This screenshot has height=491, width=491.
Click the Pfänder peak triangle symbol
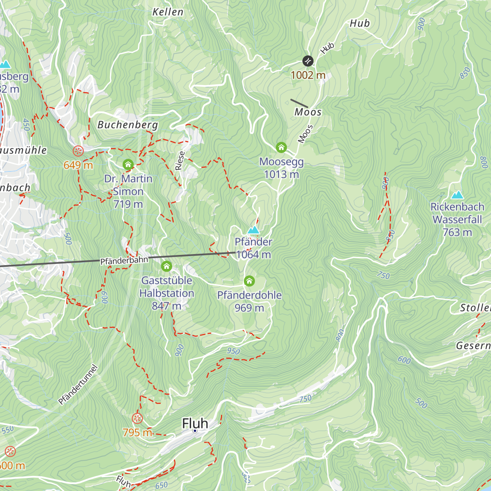point(254,230)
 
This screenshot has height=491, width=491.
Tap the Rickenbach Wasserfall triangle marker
point(457,195)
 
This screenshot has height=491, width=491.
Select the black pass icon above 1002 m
point(308,61)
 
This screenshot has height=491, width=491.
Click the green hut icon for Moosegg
point(281,147)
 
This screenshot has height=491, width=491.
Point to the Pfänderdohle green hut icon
point(249,281)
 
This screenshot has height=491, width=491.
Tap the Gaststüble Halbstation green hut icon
point(166,266)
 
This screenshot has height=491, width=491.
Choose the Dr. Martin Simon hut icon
point(128,165)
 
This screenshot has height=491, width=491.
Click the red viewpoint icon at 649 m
point(78,151)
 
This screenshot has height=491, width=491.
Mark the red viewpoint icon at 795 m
point(137,418)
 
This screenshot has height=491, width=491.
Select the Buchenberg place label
point(128,125)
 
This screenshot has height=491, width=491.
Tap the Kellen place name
point(168,12)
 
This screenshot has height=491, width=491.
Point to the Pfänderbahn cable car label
point(124,260)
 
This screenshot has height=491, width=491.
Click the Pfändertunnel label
point(78,385)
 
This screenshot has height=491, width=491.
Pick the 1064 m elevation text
point(254,255)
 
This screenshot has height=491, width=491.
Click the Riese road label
point(180,160)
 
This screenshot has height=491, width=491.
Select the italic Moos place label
point(308,112)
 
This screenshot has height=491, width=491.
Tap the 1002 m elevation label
point(308,75)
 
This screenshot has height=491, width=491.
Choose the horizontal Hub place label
point(360,24)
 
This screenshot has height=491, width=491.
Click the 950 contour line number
point(233,351)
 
